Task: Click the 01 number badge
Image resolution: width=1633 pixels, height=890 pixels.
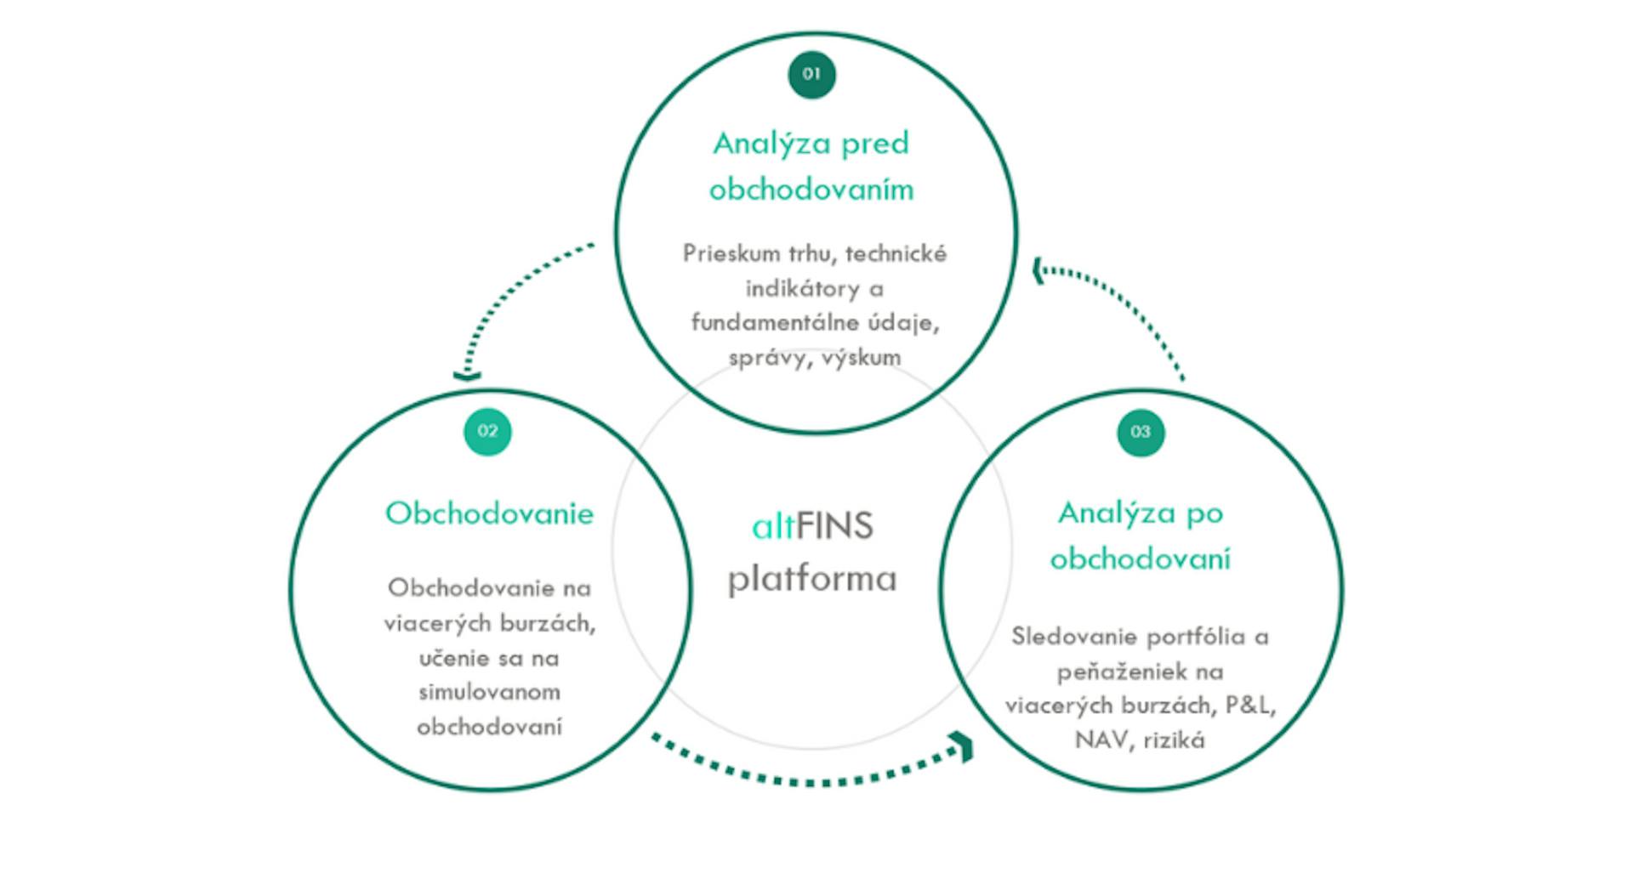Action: click(x=811, y=75)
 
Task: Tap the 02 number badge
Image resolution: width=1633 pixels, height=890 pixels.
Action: click(x=487, y=432)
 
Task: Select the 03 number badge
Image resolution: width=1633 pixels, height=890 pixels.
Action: click(x=1140, y=433)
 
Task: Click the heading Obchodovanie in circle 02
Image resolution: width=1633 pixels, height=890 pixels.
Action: click(x=489, y=513)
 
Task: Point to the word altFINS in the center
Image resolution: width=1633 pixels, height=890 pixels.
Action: click(x=812, y=527)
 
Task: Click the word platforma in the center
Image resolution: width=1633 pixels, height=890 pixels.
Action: click(x=812, y=579)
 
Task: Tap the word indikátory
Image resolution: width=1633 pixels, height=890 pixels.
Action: click(x=803, y=289)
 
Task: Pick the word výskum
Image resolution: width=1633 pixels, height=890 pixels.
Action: click(x=862, y=358)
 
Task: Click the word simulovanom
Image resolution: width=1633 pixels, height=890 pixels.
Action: click(x=489, y=692)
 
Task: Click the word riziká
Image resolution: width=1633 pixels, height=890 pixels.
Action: click(x=1174, y=740)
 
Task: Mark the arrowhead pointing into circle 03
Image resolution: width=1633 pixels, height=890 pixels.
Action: click(x=964, y=746)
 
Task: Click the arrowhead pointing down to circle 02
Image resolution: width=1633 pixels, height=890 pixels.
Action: click(x=467, y=375)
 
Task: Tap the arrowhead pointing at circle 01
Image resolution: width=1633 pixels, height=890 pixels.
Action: click(x=1038, y=271)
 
